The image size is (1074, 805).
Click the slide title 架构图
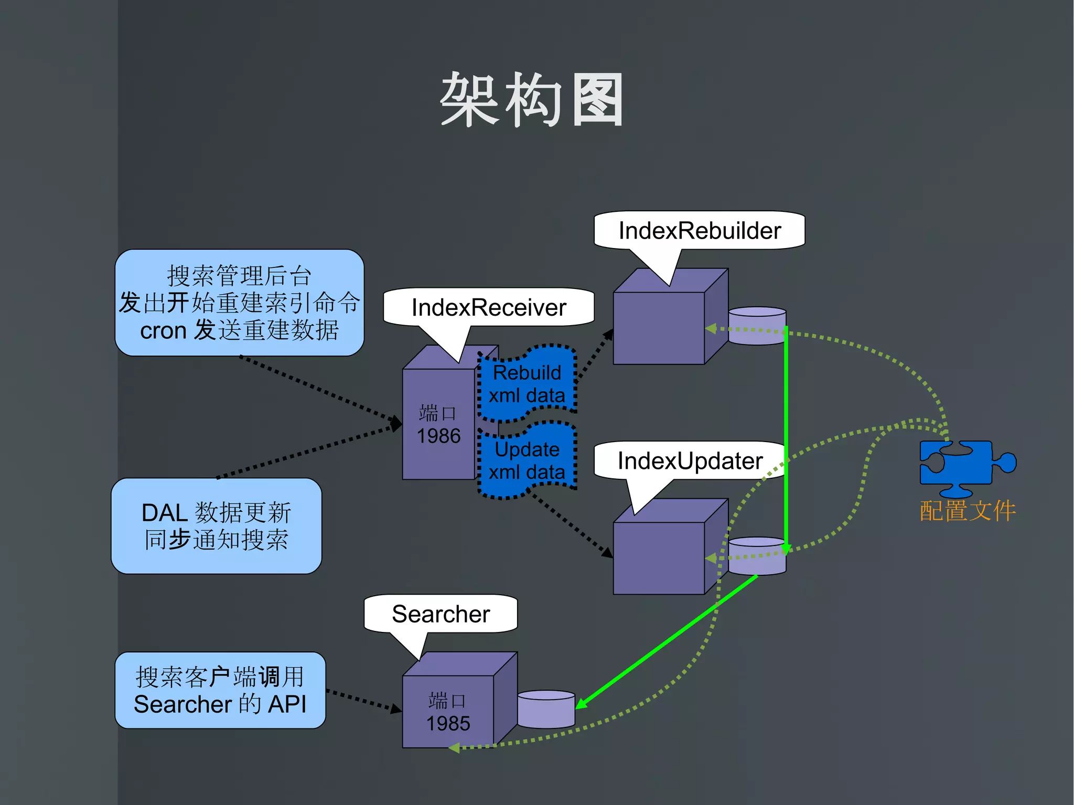532,100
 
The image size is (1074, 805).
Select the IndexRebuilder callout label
699,231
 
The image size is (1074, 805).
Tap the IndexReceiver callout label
489,307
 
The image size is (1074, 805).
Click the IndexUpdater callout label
690,461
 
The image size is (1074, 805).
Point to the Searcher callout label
441,614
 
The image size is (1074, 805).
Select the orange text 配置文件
967,511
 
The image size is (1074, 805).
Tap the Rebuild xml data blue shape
527,384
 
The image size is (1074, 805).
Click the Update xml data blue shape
527,461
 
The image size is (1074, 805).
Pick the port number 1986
438,436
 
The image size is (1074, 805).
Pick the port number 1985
448,724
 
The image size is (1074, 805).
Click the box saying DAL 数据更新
216,526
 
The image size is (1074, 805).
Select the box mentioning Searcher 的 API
220,690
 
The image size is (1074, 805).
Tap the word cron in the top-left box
163,331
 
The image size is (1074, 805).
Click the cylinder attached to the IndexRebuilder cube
757,326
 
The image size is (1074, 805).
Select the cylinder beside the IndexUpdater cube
757,556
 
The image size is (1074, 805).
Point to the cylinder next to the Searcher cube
546,710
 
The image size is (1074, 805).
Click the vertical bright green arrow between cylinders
786,435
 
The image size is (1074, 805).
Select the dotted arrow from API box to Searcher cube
363,700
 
